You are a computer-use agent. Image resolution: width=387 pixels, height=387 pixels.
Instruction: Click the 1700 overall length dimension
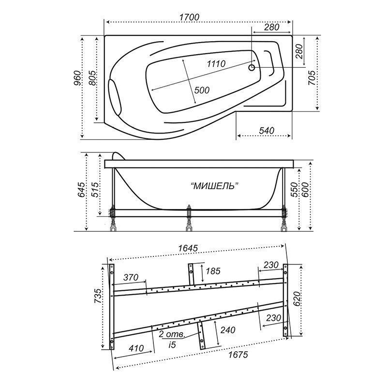(189, 17)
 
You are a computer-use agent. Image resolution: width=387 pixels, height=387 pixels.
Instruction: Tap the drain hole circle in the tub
(252, 67)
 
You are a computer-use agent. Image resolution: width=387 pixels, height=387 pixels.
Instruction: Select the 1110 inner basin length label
(216, 64)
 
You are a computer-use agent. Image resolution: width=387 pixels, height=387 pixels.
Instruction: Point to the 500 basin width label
(202, 90)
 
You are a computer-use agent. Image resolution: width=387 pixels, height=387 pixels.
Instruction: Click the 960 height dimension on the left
(77, 78)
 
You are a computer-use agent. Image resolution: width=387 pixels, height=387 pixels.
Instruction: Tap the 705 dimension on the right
(311, 78)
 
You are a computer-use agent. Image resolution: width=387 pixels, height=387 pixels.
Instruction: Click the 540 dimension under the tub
(267, 130)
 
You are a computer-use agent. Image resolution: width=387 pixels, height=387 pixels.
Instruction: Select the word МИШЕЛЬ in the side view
(213, 186)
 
